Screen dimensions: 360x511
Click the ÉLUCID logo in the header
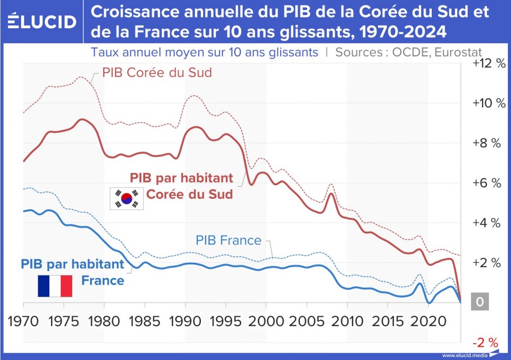click(x=42, y=21)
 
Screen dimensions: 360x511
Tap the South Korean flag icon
click(x=127, y=198)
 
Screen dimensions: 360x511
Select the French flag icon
click(x=55, y=286)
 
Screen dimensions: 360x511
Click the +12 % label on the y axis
click(x=489, y=63)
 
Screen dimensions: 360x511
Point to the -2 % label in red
click(x=489, y=342)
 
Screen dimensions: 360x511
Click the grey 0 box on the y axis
click(x=479, y=302)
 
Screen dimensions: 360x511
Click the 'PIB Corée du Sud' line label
click(x=157, y=73)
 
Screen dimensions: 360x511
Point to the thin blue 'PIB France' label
click(x=228, y=240)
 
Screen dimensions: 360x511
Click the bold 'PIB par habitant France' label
click(x=73, y=272)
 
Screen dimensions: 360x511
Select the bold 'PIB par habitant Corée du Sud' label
click(x=182, y=186)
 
